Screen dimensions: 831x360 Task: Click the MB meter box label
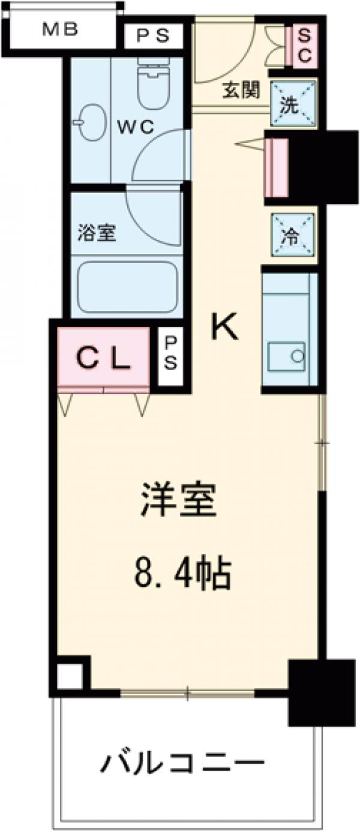pos(60,29)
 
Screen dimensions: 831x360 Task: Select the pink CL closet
pos(103,359)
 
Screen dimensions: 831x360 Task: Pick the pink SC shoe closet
pos(303,45)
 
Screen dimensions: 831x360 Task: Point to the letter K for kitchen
pos(223,327)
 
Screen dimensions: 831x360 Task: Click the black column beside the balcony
pos(321,690)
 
